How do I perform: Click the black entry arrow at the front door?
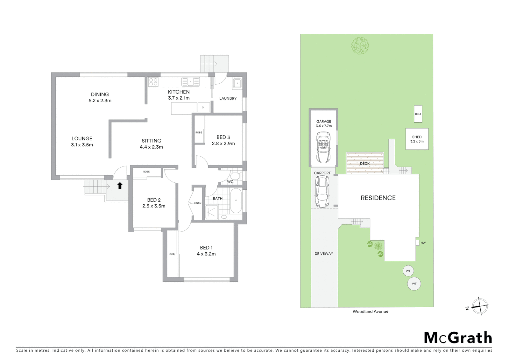[120, 185]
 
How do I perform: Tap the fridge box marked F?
[203, 107]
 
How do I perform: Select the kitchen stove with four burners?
[153, 82]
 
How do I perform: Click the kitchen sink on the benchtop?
[191, 81]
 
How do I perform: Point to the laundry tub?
[237, 83]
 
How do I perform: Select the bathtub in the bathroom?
[236, 201]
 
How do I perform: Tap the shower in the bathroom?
[212, 212]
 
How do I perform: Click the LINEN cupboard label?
[198, 203]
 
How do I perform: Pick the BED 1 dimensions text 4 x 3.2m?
[206, 254]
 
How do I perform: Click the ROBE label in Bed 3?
[199, 133]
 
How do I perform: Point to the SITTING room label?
[151, 141]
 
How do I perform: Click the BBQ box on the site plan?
[418, 114]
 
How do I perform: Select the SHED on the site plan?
[417, 139]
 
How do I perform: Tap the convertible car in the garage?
[323, 147]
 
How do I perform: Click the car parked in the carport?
[322, 192]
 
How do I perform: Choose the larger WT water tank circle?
[414, 284]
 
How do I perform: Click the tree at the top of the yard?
[360, 45]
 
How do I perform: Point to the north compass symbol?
[480, 306]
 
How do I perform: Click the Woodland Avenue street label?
[370, 311]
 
